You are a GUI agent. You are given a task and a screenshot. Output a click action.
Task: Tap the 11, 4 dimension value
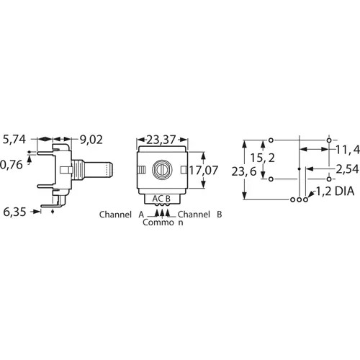click(346, 150)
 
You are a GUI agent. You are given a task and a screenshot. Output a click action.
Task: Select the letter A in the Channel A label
click(140, 215)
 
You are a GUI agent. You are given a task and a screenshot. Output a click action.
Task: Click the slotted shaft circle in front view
click(161, 171)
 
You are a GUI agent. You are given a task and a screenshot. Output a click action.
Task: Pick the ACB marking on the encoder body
click(161, 199)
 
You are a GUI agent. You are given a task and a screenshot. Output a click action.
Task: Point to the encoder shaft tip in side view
click(112, 171)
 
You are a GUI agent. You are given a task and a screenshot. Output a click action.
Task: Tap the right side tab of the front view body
click(191, 171)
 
